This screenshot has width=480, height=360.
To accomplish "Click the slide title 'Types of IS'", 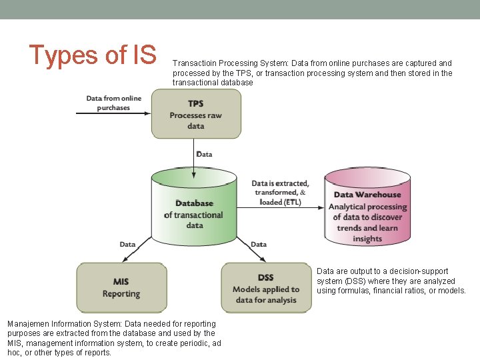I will pos(92,55).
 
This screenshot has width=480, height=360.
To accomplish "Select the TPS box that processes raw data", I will pos(195,114).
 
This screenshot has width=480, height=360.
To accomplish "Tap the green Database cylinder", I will pos(193,210).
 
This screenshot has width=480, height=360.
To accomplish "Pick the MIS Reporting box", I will pos(121,287).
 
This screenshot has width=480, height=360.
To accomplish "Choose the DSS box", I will pos(265,287).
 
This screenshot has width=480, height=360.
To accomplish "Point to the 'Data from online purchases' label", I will pos(113,103).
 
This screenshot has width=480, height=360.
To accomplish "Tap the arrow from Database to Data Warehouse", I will pos(280,208).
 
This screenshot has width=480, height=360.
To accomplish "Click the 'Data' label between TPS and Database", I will pos(205,154).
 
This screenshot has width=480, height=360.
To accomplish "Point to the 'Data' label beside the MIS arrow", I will pos(128,244).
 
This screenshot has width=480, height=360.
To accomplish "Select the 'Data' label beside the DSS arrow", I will pos(259,244).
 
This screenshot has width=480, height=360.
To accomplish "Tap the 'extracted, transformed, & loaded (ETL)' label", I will pos(280,192).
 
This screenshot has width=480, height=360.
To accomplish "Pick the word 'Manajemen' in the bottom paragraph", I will pos(27,323).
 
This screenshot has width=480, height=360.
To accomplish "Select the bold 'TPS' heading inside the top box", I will pos(195,103).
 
